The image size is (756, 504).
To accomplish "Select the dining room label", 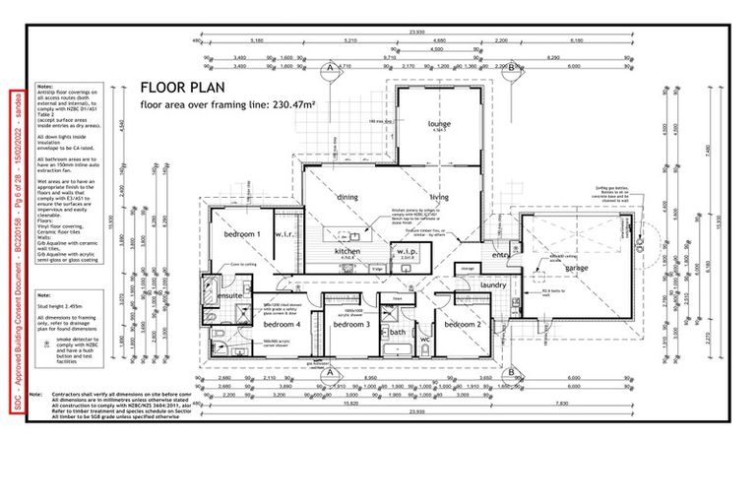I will pos(347,197).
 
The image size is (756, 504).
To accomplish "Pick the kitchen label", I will pos(348,252).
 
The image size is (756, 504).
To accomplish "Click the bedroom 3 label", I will pos(350,324).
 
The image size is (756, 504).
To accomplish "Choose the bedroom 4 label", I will pos(282,324).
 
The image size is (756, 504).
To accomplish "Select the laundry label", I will pos(493,285).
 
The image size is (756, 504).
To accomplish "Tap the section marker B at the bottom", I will pos(512,371).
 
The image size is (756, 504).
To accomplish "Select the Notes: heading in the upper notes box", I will pos(44,87).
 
